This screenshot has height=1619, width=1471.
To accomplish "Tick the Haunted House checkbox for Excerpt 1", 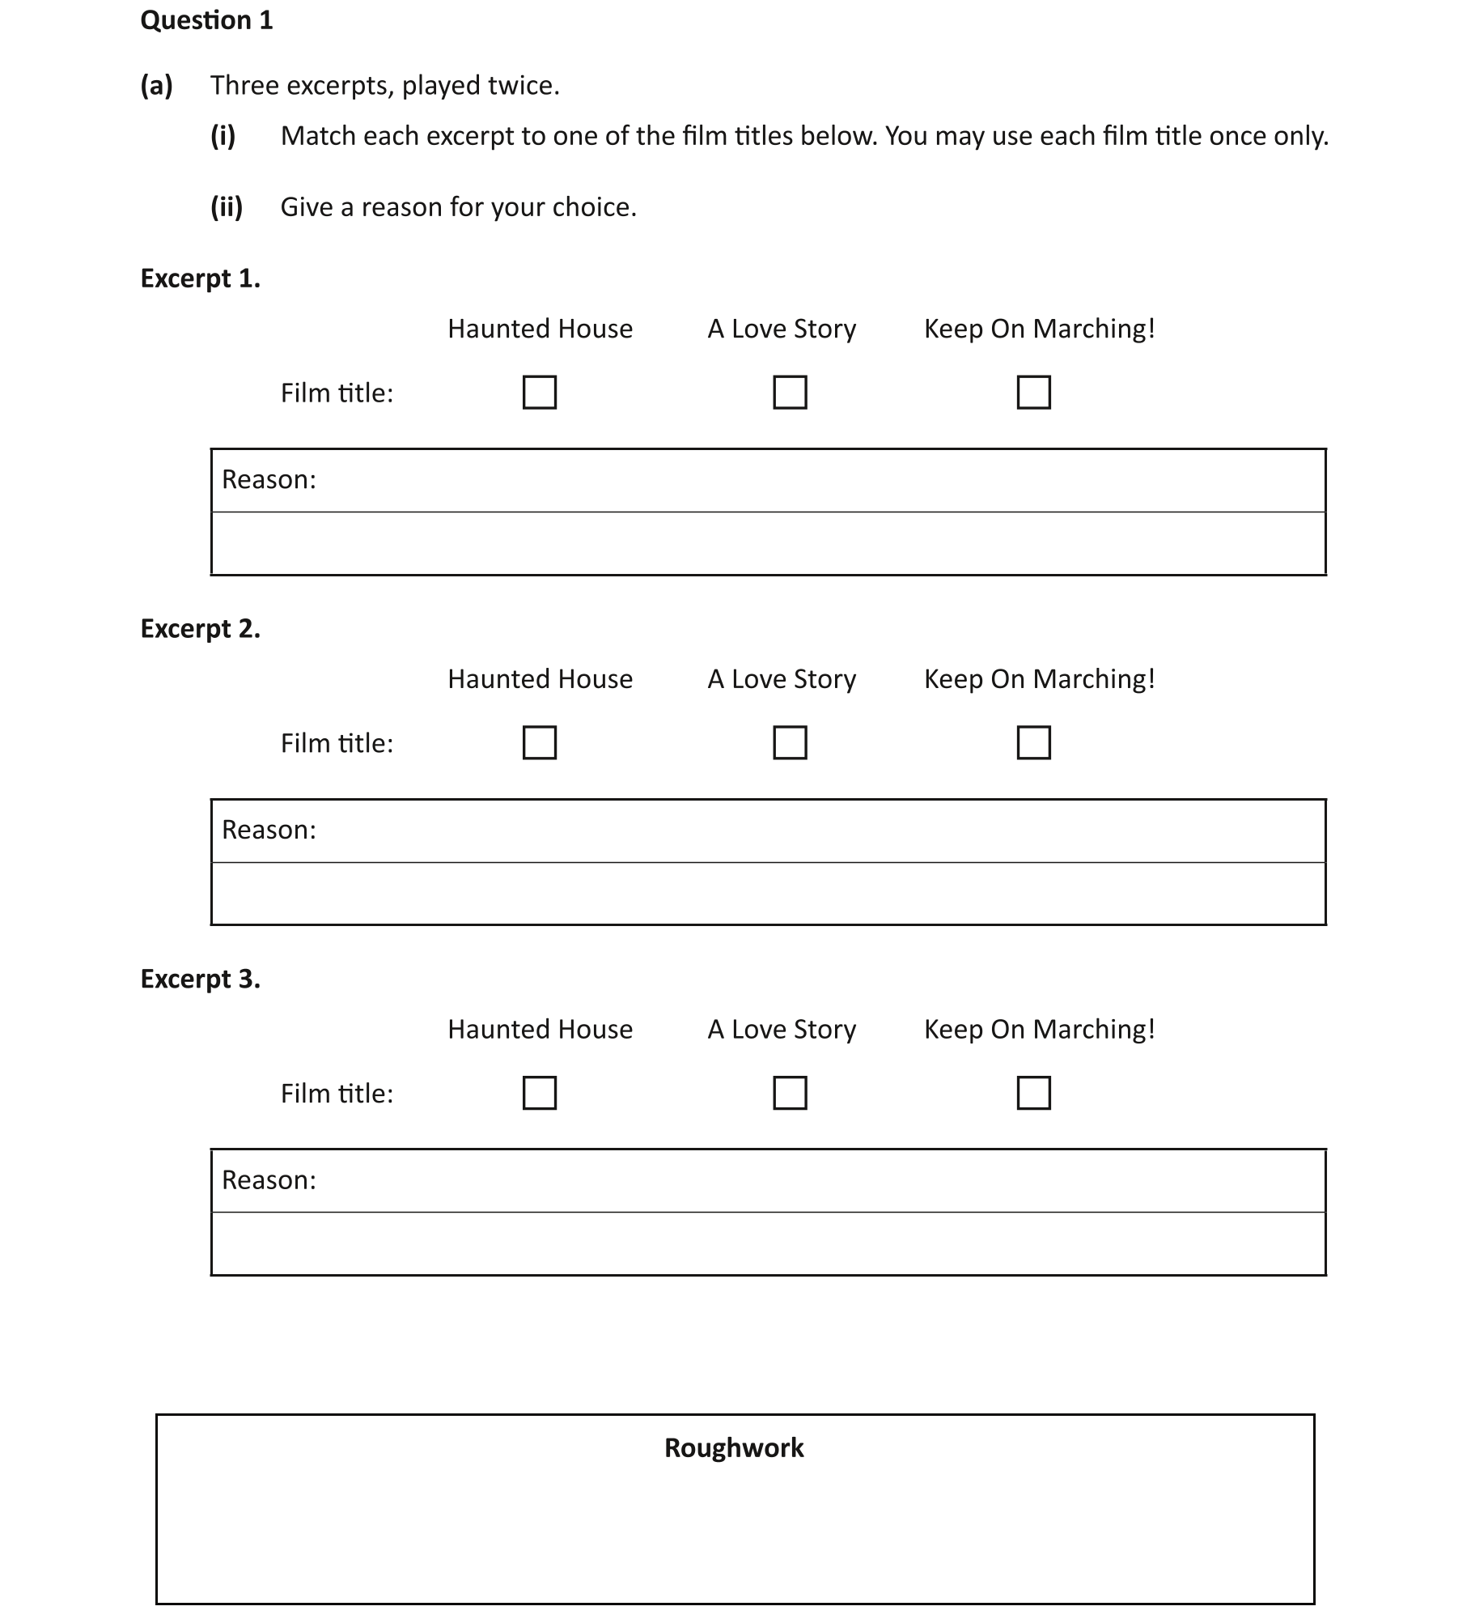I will (x=540, y=393).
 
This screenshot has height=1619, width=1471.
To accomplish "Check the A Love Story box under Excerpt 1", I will (x=790, y=393).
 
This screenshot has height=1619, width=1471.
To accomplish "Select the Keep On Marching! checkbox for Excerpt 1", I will (x=1033, y=393).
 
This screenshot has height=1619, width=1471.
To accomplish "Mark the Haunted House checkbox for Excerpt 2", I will (x=540, y=742).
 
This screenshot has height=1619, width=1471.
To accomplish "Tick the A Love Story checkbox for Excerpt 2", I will (x=790, y=742).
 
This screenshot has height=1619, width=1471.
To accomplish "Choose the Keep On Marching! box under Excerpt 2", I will (x=1033, y=742).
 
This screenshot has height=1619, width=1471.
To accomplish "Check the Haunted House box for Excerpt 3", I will (x=540, y=1093).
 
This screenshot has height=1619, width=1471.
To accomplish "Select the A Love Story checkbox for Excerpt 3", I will (x=790, y=1093).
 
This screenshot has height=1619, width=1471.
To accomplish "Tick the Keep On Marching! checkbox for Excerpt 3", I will (x=1033, y=1093).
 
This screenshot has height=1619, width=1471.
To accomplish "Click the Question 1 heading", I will (x=206, y=20).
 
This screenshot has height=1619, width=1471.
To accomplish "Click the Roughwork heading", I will (x=734, y=1448).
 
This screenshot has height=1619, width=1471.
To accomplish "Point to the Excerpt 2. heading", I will (x=201, y=629).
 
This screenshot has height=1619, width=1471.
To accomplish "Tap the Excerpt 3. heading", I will (x=201, y=979).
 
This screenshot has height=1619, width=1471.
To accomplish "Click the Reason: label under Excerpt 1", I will (x=269, y=480).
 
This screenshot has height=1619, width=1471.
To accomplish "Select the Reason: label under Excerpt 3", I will (x=269, y=1180).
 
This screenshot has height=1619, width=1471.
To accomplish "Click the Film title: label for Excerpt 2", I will (x=337, y=743).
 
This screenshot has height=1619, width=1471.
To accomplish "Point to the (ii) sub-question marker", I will (x=227, y=207).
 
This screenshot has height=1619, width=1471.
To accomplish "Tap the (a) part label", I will (x=156, y=85).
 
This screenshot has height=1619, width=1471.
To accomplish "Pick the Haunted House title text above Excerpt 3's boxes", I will (x=540, y=1030).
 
